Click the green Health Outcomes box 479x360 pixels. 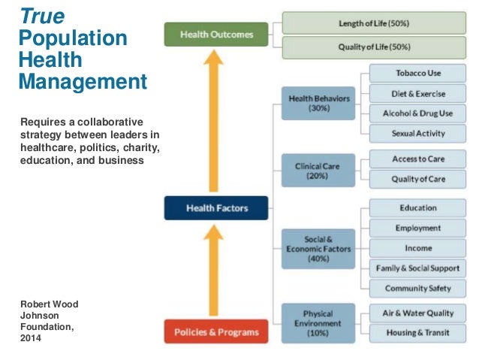click(x=215, y=34)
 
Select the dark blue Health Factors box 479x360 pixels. click(x=215, y=207)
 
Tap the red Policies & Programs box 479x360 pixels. click(x=215, y=331)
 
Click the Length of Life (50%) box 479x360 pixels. click(x=374, y=23)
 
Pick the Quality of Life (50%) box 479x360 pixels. click(x=374, y=47)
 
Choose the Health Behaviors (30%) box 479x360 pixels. click(x=318, y=103)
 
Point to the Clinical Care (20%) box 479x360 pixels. click(x=318, y=169)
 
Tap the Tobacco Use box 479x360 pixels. click(x=418, y=74)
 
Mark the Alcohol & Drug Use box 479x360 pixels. click(x=418, y=113)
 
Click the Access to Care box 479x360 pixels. click(x=418, y=159)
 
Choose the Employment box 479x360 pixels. click(x=418, y=228)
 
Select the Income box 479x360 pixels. click(x=418, y=248)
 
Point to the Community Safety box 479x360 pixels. click(x=418, y=288)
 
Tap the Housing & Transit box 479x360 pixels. click(x=418, y=332)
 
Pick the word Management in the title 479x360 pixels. click(x=82, y=81)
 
